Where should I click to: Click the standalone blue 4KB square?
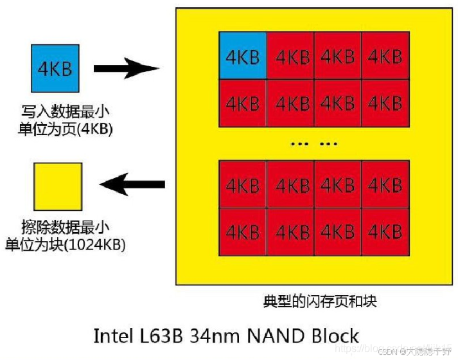tap(55, 67)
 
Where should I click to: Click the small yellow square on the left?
tap(58, 186)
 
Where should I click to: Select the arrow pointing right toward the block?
tap(126, 67)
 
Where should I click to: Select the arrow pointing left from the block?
tap(134, 186)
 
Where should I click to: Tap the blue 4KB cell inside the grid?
tap(242, 56)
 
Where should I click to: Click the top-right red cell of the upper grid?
tap(385, 56)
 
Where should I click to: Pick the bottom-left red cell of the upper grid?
tap(242, 103)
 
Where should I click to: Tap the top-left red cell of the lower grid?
tap(242, 185)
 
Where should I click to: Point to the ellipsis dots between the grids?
tap(313, 144)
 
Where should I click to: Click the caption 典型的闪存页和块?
tap(319, 301)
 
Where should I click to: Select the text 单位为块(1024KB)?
tap(66, 244)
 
